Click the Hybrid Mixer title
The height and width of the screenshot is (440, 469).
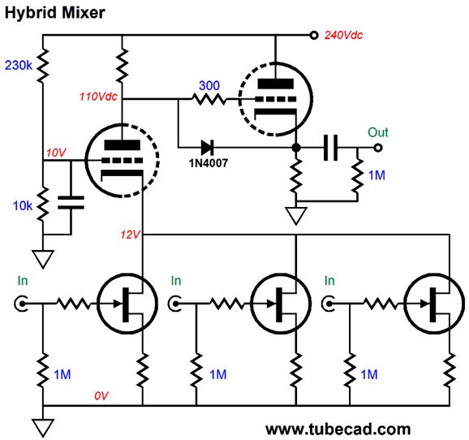tap(54, 13)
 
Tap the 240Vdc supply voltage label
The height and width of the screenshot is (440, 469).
tap(344, 36)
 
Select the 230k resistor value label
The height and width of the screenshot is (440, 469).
tap(19, 65)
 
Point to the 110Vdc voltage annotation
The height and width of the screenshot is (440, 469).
tap(98, 97)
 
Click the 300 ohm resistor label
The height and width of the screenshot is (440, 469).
tap(209, 85)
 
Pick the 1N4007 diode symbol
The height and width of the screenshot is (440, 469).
tap(207, 147)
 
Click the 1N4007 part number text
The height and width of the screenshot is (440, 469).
tap(209, 163)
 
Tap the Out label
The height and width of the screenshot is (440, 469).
tap(378, 132)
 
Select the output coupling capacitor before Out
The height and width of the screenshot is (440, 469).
tap(331, 148)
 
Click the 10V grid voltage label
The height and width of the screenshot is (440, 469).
tap(56, 153)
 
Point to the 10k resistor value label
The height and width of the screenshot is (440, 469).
tap(23, 206)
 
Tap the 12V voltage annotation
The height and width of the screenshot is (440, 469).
tap(130, 235)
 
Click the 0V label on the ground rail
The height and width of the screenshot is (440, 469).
tap(101, 396)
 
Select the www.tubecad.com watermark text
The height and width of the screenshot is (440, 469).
tap(338, 429)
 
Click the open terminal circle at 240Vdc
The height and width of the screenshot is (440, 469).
tap(314, 36)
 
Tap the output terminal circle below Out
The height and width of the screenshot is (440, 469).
tap(378, 148)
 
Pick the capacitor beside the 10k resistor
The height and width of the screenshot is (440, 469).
tap(71, 202)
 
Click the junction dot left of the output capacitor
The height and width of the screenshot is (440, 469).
tap(296, 148)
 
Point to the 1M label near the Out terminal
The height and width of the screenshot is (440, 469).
tap(376, 175)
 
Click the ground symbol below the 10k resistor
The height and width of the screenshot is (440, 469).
tap(43, 259)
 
